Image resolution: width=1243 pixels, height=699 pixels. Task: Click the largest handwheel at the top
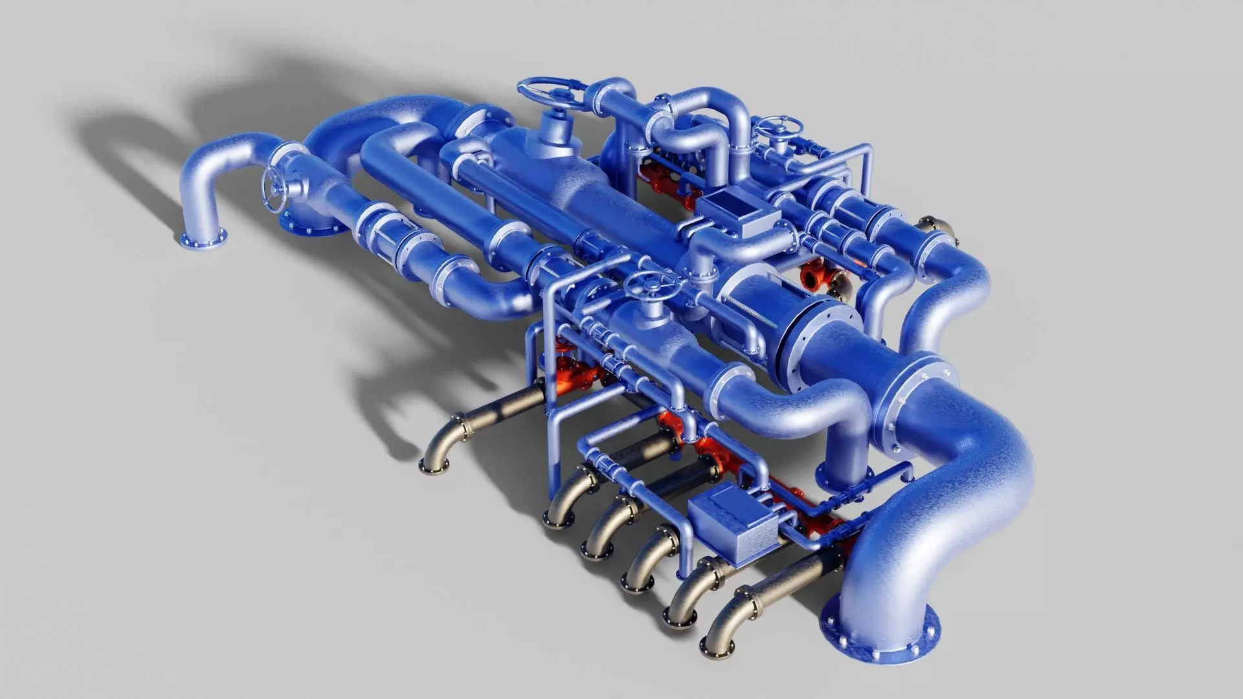tap(553, 95)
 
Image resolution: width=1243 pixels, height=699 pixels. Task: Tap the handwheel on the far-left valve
tap(274, 188)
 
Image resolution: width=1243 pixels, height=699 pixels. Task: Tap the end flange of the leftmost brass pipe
tap(434, 463)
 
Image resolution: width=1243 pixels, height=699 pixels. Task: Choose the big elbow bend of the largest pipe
tap(971, 466)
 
